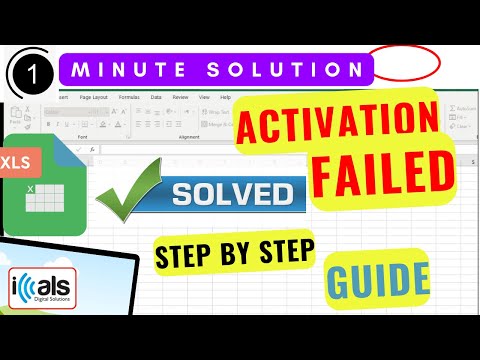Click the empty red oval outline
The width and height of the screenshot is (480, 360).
405,62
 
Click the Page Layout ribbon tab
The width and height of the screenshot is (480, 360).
97,97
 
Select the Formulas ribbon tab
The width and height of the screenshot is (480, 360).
129,97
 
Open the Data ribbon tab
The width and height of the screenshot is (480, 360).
156,97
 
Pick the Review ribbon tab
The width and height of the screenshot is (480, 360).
180,97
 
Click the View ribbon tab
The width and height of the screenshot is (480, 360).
203,97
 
